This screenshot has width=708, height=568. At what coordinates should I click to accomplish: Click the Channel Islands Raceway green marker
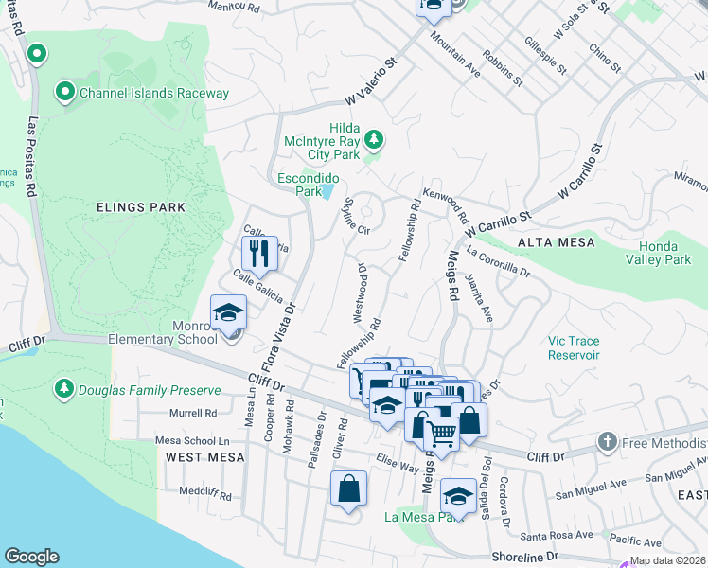pos(65,92)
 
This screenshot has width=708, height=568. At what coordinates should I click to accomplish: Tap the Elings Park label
pos(140,206)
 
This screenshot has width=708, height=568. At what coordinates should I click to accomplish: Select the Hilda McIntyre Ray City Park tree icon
pos(375,141)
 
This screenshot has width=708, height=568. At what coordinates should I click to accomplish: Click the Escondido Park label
pos(299,184)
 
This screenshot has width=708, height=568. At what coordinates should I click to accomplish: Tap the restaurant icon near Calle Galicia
pos(258,253)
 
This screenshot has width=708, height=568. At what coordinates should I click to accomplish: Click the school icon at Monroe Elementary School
pos(228,313)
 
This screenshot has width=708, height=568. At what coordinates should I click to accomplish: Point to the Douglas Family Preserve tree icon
pos(64,388)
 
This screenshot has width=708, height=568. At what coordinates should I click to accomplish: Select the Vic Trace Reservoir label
pos(574,347)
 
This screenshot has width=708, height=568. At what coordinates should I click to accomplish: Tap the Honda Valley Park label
pos(659,253)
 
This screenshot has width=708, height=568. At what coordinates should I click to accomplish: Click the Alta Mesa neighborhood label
pos(556,242)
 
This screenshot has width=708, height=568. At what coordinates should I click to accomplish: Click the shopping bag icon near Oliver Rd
pos(348,489)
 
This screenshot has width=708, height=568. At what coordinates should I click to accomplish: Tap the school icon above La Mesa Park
pos(458,495)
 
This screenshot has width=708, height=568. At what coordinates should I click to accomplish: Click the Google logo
pos(31,557)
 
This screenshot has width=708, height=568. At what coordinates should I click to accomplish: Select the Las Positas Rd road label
pos(32,156)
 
